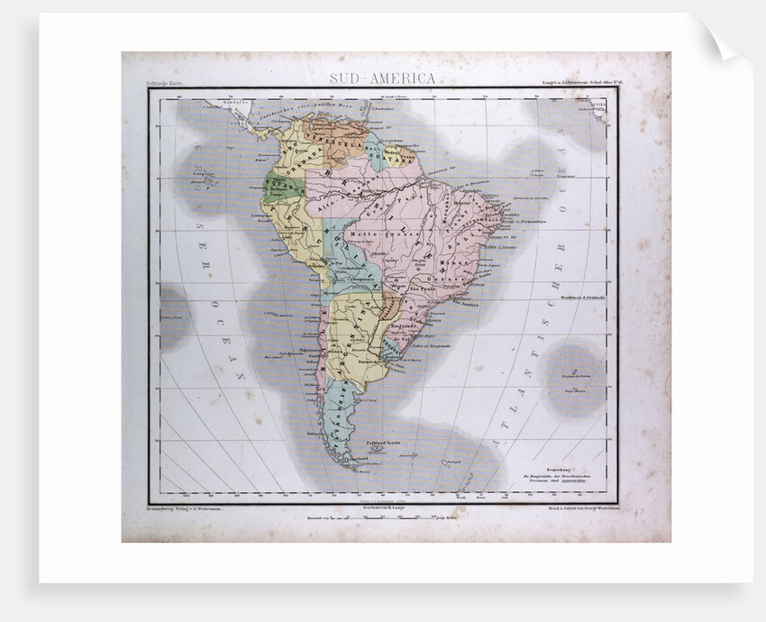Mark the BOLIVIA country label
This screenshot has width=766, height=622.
pos(347,258)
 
